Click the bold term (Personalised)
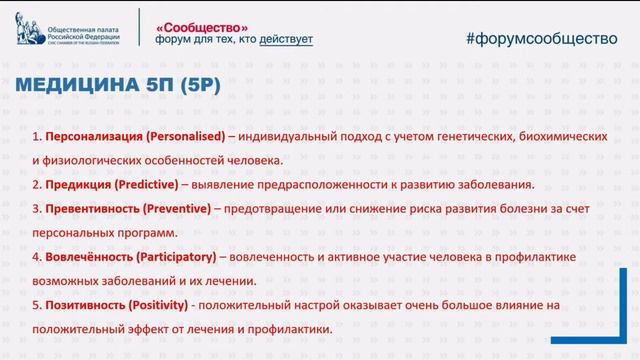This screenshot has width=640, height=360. coord(183,135)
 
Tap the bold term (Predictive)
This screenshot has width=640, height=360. coord(146,185)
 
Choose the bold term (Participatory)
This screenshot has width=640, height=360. coord(173,257)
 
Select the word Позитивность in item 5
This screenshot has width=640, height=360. coord(81,306)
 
